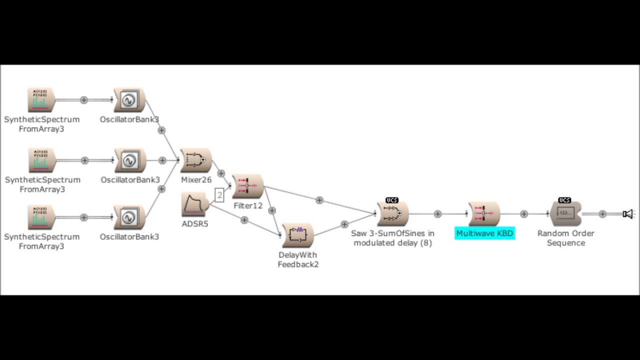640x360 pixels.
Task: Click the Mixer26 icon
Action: point(195,160)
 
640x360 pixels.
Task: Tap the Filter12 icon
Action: point(247,186)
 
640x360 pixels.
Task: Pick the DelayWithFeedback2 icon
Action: point(298,235)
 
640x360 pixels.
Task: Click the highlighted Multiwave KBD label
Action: point(484,233)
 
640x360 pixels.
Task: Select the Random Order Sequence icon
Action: point(565,214)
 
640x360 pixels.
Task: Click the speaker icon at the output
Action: point(627,214)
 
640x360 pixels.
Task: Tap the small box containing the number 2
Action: point(219,195)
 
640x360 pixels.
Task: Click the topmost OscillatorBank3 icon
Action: point(129,100)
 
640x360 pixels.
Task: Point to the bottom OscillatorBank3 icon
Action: point(129,217)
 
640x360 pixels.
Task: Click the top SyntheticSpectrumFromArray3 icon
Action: point(41,100)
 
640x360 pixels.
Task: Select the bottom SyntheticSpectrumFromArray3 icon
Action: point(41,217)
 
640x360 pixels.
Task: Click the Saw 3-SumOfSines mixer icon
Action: point(392,214)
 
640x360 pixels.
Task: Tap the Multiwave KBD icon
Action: point(484,214)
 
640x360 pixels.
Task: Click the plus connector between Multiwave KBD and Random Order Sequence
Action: point(523,214)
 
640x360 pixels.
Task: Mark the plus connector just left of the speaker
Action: point(602,214)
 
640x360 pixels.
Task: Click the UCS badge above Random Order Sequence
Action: point(564,200)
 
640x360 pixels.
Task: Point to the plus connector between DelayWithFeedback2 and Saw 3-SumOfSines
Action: point(344,224)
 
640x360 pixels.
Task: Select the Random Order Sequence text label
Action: point(565,238)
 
